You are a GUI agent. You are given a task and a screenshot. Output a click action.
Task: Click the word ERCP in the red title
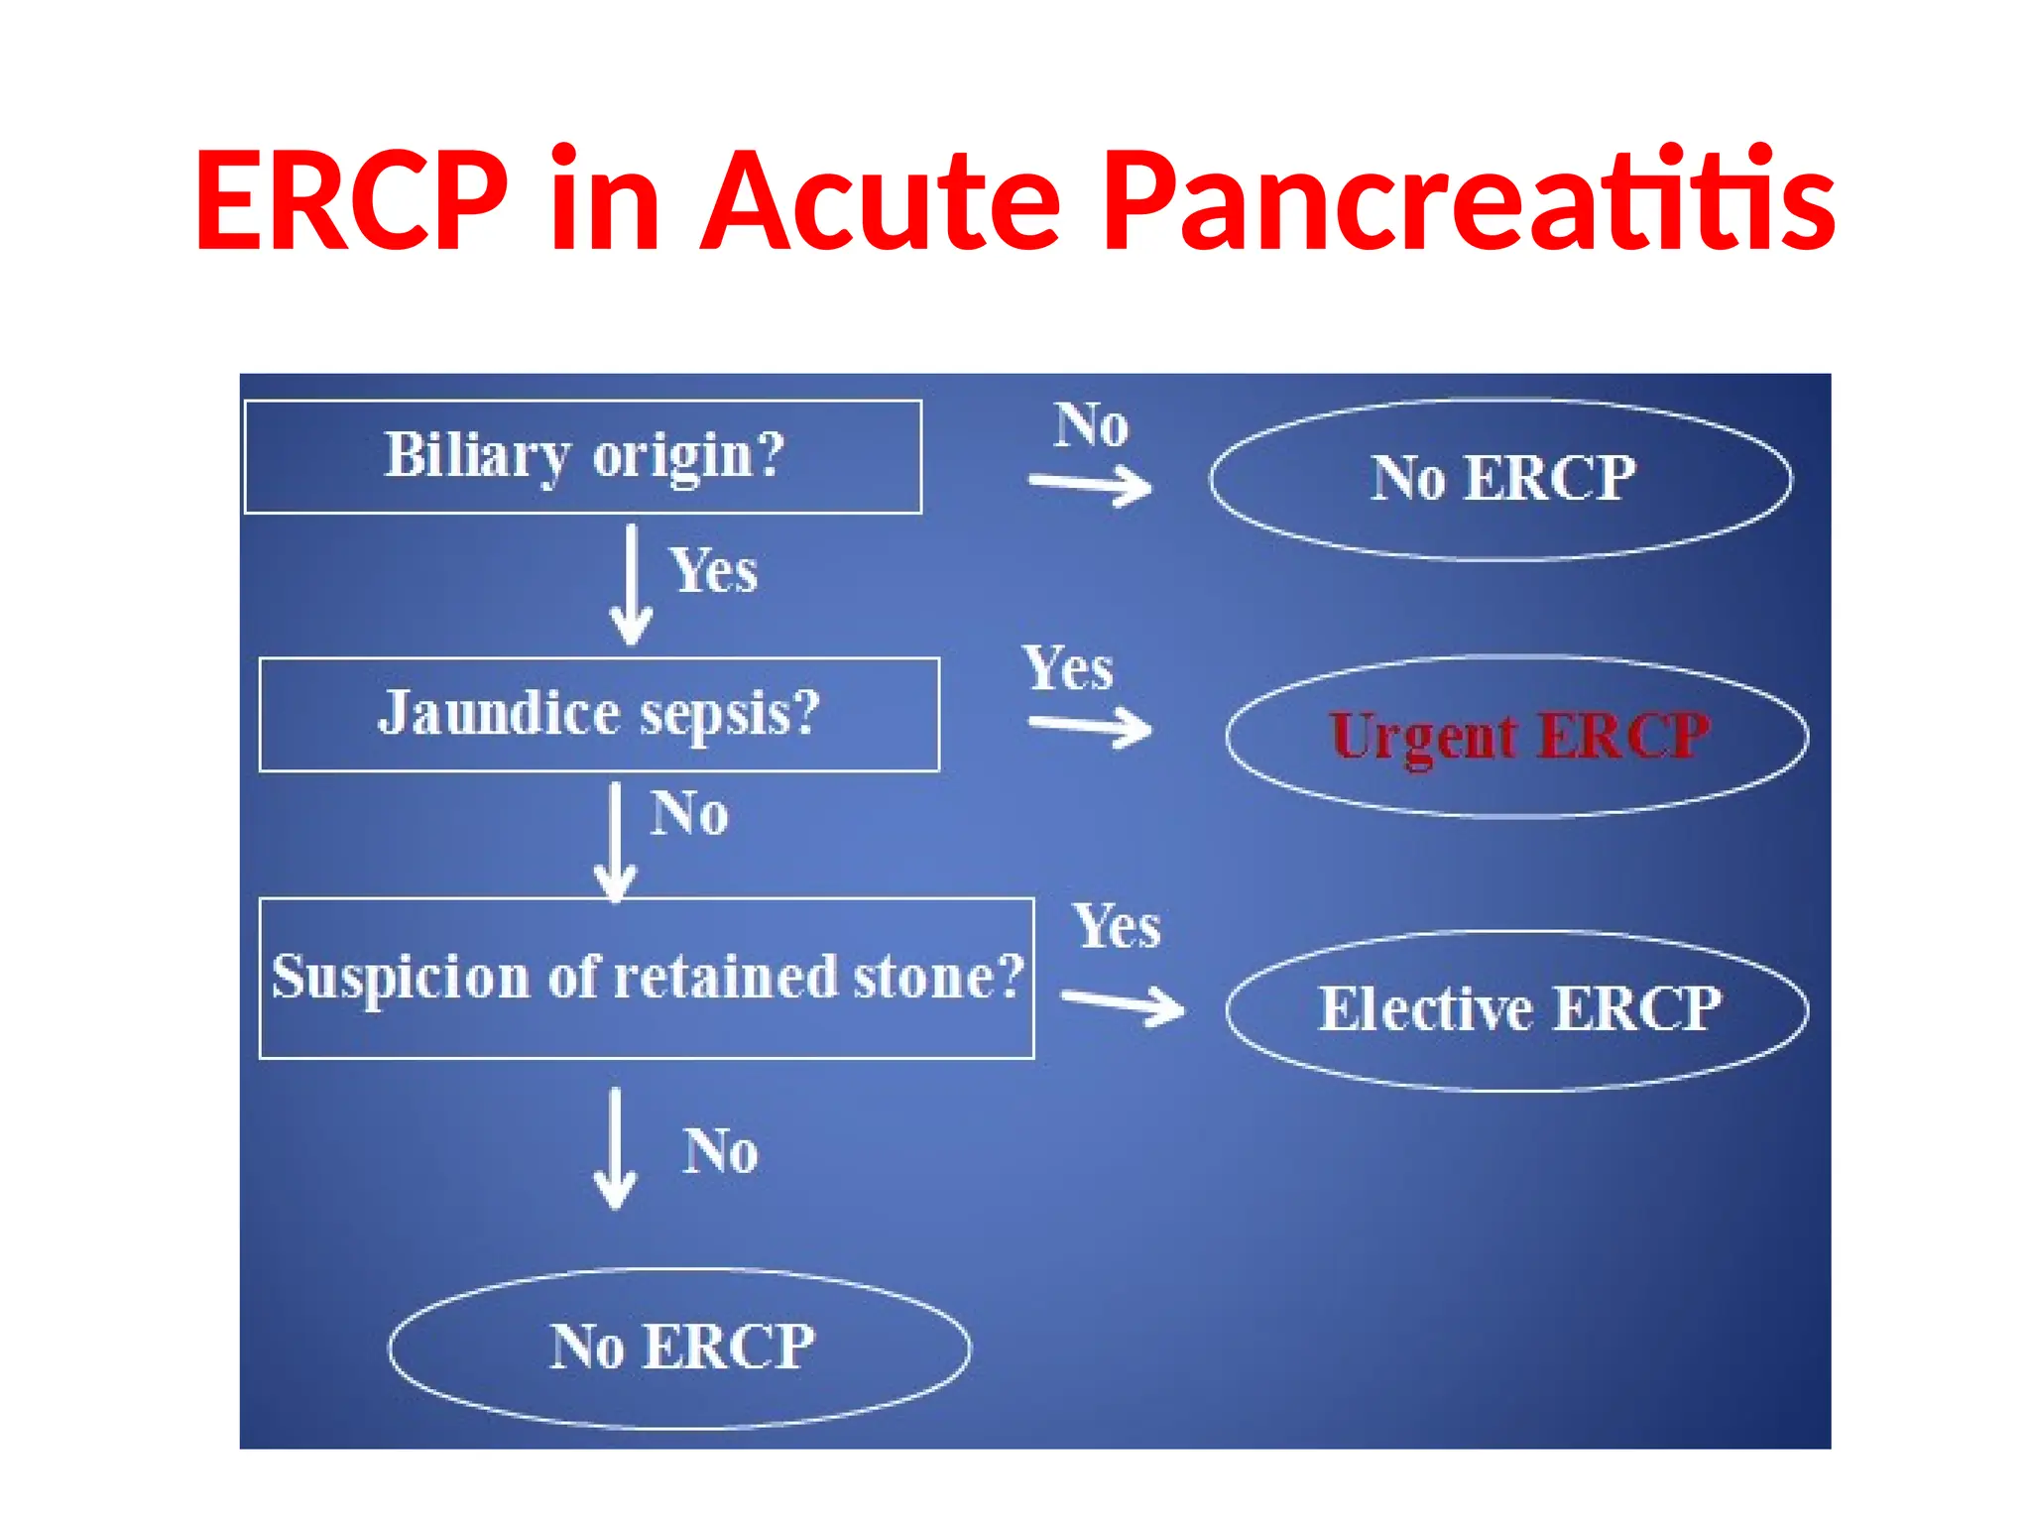(352, 201)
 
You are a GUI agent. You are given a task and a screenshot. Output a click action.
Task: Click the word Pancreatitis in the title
(1469, 201)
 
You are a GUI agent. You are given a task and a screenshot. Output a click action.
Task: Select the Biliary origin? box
(583, 456)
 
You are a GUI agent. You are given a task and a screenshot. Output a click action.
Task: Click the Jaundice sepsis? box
(599, 714)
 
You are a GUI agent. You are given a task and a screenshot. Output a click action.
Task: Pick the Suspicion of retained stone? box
(647, 978)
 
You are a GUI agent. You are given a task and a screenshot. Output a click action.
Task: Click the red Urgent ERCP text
(1519, 737)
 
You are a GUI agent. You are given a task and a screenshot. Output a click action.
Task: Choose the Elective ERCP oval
(1517, 1010)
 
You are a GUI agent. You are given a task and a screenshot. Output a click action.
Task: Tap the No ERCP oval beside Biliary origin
(1501, 479)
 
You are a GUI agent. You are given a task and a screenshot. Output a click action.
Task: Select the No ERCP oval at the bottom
(680, 1347)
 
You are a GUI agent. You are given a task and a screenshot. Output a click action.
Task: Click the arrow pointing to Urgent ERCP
(1091, 727)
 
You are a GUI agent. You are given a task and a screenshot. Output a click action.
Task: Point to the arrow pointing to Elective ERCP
(1123, 1003)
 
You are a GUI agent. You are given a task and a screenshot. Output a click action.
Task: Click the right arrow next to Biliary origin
(1091, 485)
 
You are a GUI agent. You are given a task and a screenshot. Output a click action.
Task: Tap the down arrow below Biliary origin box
(631, 585)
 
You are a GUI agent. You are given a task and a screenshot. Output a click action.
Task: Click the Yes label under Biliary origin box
(714, 571)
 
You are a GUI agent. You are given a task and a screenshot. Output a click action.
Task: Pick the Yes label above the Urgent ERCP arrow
(1068, 668)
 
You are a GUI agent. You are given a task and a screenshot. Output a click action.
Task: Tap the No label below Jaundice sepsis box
(689, 814)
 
